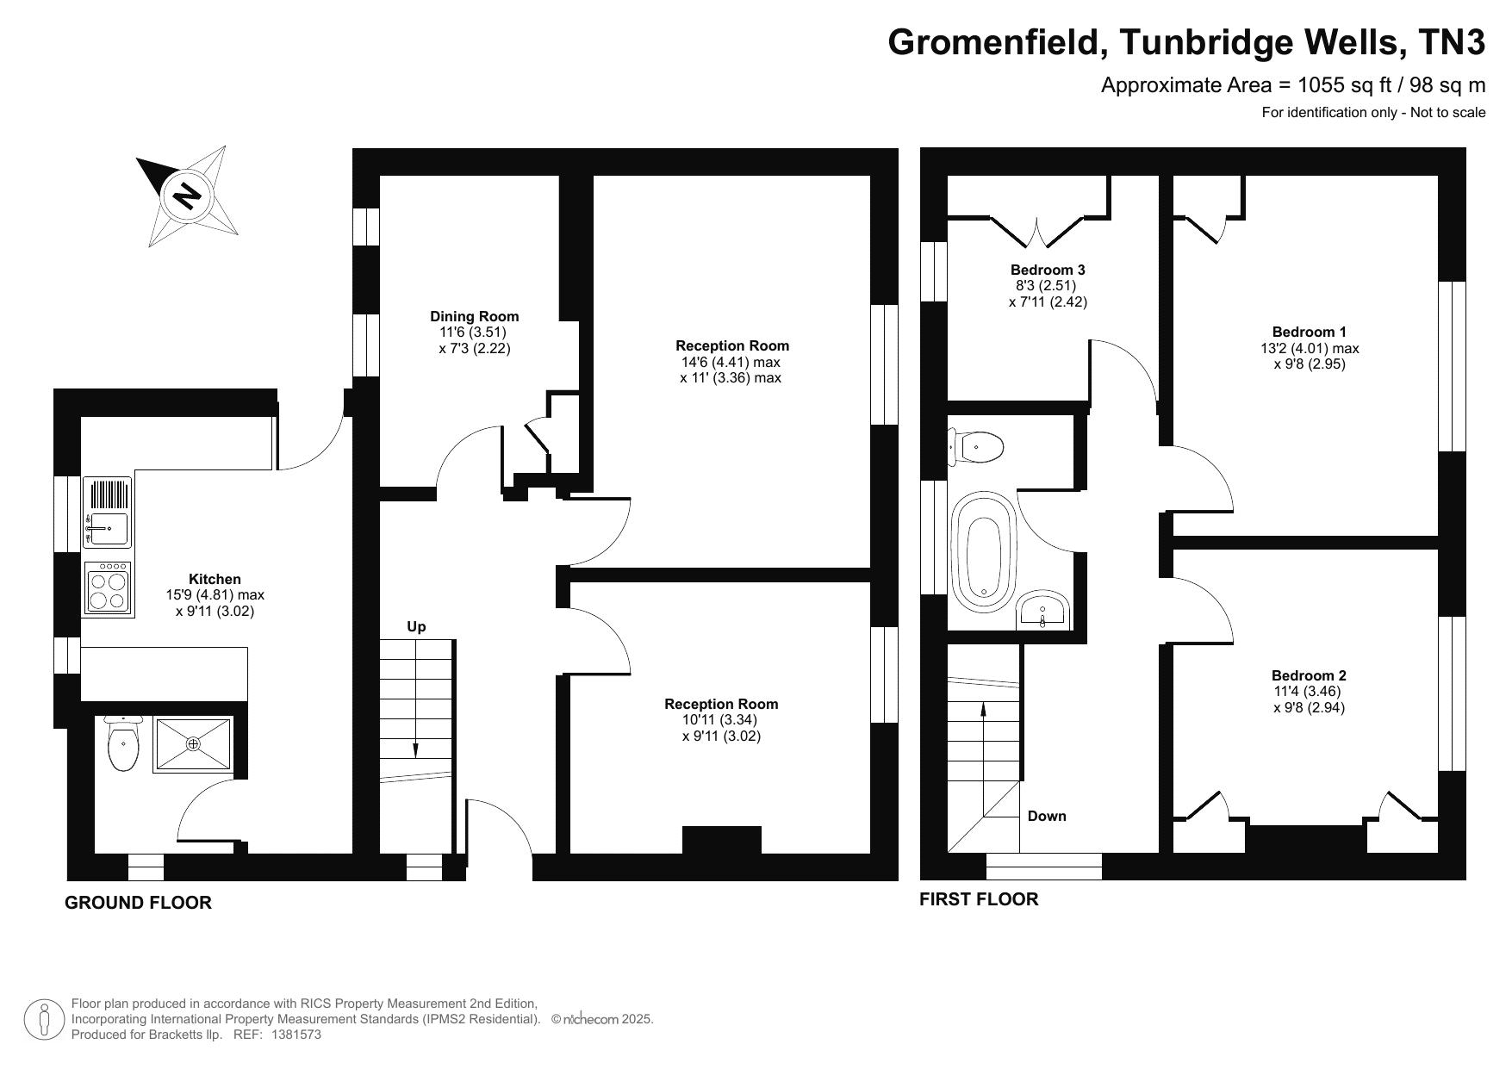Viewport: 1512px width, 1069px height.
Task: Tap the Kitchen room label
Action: coord(215,579)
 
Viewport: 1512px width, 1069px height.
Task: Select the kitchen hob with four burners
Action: coord(108,589)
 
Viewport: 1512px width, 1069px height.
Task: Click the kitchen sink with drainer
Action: coord(108,513)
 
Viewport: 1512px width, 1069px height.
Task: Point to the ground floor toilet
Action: coord(123,745)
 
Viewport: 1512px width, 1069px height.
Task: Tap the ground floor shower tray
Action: coord(193,743)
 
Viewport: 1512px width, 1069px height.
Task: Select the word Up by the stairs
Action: coord(416,627)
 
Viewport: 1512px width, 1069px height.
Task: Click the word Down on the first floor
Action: coord(1047,816)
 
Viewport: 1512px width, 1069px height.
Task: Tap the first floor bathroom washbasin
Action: coord(1043,612)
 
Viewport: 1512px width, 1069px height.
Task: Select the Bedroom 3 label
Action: coord(1048,270)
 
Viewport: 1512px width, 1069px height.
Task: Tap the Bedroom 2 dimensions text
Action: coord(1309,699)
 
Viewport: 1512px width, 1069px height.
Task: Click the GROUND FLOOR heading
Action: coord(138,903)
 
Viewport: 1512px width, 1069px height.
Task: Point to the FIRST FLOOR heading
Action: coord(979,899)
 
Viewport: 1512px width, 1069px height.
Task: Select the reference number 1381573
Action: coord(296,1035)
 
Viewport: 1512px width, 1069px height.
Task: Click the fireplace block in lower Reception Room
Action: coord(721,840)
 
